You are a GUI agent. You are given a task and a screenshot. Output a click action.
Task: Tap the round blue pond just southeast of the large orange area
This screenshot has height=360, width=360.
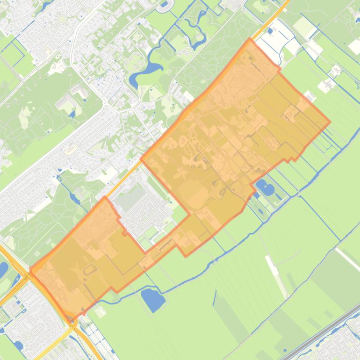(x=265, y=188)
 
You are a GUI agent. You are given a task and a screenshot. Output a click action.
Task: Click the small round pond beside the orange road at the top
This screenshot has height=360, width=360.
(x=270, y=31)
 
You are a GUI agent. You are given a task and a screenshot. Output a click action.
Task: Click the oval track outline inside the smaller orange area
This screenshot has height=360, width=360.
(x=89, y=270)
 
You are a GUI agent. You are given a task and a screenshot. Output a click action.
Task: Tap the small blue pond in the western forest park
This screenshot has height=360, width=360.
(x=71, y=114)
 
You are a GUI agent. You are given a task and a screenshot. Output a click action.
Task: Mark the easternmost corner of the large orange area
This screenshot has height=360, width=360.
(x=330, y=122)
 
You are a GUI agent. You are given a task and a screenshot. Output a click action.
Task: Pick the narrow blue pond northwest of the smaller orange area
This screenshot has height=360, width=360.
(x=74, y=197)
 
